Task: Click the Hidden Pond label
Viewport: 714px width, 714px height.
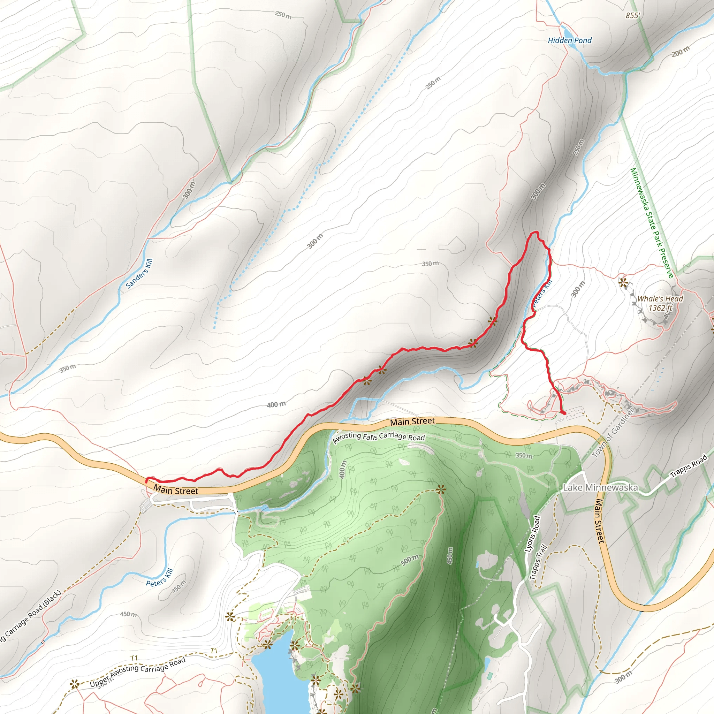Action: point(570,40)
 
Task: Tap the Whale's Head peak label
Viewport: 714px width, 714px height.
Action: point(660,299)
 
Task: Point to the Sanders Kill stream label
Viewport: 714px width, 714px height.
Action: point(139,273)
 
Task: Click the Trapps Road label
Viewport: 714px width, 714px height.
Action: point(688,466)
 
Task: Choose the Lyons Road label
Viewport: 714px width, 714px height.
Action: point(533,534)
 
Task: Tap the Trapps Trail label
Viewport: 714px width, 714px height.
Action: point(538,562)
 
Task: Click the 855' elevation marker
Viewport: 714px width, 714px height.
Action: point(633,16)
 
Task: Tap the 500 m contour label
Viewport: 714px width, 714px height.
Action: point(410,560)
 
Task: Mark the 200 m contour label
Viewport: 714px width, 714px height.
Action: point(681,51)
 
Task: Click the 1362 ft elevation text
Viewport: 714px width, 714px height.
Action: point(660,308)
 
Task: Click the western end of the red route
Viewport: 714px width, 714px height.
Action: point(146,481)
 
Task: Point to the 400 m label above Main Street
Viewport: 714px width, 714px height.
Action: point(276,405)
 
